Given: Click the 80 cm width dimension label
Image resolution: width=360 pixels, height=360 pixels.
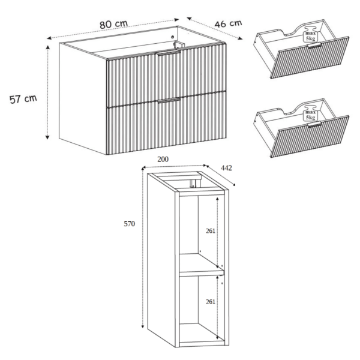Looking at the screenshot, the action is point(113,24).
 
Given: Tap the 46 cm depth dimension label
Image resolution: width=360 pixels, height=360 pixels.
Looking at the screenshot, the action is point(228,23).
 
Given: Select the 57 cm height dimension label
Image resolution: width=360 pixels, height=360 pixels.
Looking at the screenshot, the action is point(23,99).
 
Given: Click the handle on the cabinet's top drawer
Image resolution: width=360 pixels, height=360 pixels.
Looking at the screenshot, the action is point(167,53).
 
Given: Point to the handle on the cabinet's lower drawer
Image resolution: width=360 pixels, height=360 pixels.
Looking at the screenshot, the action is point(169,100).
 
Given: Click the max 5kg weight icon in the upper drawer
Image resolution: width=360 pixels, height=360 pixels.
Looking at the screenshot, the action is point(310,35).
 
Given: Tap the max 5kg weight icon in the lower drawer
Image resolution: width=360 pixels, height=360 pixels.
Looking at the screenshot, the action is point(310,115).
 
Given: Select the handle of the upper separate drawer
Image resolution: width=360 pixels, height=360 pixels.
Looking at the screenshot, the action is point(314,46).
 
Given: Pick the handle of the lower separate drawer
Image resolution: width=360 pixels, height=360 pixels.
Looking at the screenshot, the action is point(314,124).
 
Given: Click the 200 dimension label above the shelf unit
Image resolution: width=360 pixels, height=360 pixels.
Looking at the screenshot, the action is point(163,159).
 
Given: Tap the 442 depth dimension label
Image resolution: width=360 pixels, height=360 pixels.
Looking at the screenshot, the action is point(226,168).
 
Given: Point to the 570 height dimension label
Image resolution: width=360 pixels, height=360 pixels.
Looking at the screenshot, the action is point(129,224).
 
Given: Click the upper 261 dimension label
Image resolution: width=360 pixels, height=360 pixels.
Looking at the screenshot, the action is point(211,231).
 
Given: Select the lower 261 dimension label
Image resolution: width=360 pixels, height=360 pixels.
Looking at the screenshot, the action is point(211,301).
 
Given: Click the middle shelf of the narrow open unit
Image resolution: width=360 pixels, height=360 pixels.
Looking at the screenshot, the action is point(201,273).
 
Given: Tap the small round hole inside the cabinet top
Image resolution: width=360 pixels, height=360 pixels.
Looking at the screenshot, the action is point(173,37).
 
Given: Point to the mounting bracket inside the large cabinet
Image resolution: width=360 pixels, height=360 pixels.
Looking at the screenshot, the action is point(178,44).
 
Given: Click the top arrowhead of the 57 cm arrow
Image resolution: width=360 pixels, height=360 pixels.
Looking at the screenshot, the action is point(47,47).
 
